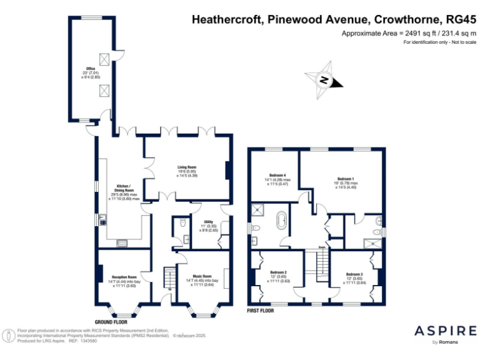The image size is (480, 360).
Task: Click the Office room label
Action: coord(91,72)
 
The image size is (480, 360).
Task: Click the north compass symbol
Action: coord(324,79)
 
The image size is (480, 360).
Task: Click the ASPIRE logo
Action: coord(445,331)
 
